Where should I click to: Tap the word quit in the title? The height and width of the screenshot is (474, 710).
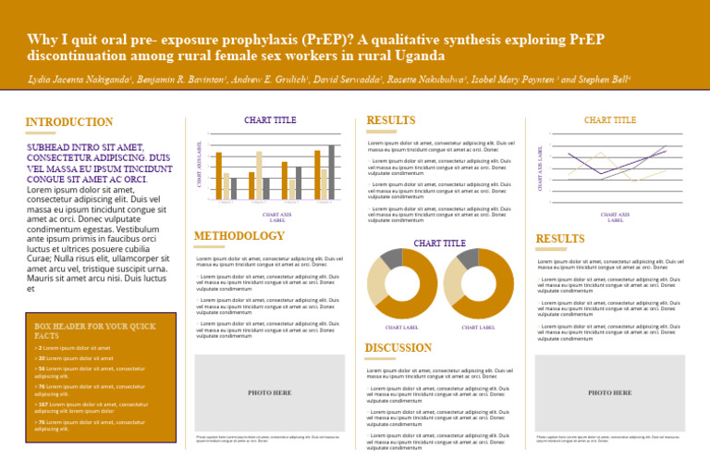(83, 39)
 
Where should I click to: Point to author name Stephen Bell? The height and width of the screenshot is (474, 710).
(603, 81)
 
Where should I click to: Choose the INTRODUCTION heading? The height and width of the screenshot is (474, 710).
(69, 122)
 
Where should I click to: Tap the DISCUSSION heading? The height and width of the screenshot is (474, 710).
(398, 348)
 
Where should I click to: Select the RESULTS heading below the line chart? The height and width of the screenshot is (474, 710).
(560, 239)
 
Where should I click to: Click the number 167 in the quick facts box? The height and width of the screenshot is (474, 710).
(42, 405)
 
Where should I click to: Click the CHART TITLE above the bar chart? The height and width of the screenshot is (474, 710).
(270, 120)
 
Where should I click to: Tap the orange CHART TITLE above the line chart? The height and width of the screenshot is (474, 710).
(610, 120)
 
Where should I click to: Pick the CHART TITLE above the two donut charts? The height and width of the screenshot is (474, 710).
(439, 243)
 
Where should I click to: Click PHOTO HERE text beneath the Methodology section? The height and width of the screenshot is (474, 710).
(270, 393)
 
